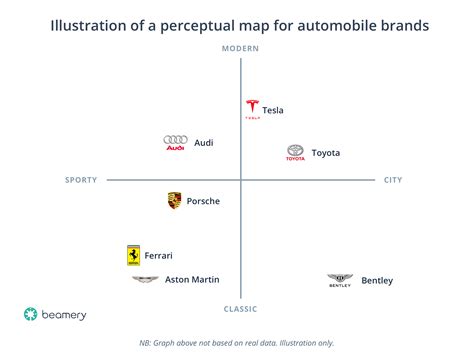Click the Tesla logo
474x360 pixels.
[x=251, y=109]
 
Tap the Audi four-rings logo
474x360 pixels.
[x=175, y=143]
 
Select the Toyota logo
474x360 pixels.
[x=295, y=152]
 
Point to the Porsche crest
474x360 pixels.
[x=174, y=201]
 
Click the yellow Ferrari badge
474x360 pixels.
[x=133, y=255]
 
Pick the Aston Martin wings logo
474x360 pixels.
[x=145, y=280]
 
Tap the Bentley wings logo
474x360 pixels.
[x=341, y=280]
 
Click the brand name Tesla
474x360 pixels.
[x=273, y=110]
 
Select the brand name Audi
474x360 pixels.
[x=203, y=143]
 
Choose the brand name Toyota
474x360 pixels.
[x=326, y=153]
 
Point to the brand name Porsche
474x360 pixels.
[x=203, y=201]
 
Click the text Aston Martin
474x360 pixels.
[x=191, y=280]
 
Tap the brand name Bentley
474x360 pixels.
[x=377, y=281]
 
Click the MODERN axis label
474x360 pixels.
[x=240, y=49]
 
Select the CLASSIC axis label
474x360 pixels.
[x=240, y=310]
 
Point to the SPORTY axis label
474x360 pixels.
[x=81, y=180]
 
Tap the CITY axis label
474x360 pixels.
[x=393, y=180]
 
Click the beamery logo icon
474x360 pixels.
[x=31, y=314]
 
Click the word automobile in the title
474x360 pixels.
[x=307, y=24]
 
